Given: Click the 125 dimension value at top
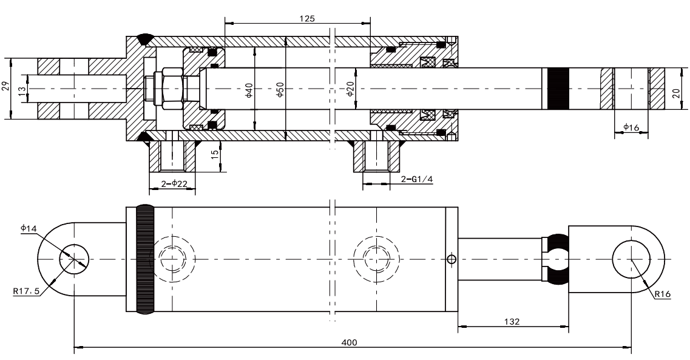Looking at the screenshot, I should pos(307,19).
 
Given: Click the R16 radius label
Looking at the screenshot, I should pos(663,294).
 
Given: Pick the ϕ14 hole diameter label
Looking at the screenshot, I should pos(28,228).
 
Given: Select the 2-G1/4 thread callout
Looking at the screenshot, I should pos(418,180).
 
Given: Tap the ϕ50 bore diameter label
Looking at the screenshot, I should pos(280,90).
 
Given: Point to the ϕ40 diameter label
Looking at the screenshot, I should pos(248,90).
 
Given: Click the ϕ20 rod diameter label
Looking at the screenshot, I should pos(350,90).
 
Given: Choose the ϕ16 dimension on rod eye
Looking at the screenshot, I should pos(631,127).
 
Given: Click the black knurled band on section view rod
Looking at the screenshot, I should pos(558,89).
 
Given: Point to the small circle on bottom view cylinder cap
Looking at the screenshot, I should pos(450,260).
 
